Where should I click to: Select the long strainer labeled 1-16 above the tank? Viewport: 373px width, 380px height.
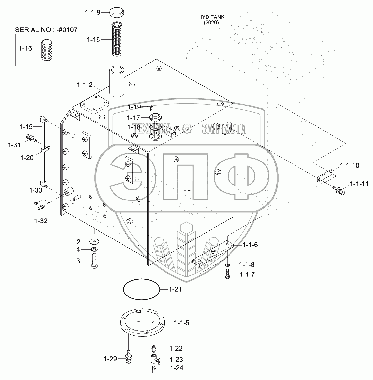(118, 40)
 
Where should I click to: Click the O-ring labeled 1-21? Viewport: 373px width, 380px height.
(141, 289)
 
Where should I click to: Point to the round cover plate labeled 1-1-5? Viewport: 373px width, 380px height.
(142, 322)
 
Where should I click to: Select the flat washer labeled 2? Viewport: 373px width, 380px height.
(94, 242)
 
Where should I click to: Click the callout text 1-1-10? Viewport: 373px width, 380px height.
(349, 165)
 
